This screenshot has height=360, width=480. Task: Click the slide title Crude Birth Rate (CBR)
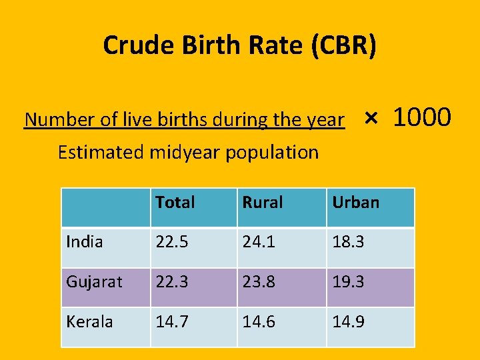click(240, 45)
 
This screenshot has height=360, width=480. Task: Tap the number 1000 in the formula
click(422, 117)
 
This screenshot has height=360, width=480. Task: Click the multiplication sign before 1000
click(371, 119)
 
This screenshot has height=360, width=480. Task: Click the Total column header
click(175, 202)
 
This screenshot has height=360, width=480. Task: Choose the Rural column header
click(263, 202)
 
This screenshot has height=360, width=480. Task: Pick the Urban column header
click(355, 202)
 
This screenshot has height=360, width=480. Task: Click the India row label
click(85, 242)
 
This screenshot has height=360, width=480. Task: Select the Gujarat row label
click(94, 282)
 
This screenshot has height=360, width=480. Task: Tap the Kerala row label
click(89, 321)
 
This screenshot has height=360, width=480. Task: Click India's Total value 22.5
click(171, 242)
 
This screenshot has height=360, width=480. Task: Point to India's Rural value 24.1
click(259, 242)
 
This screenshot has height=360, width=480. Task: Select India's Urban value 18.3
click(348, 242)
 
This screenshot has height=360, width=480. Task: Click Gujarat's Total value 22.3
click(171, 282)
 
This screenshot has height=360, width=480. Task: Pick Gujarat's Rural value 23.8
click(259, 282)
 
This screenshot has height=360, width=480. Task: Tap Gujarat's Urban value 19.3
click(348, 282)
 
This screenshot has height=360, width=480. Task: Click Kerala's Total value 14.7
click(171, 321)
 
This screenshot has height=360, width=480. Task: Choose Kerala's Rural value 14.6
click(259, 321)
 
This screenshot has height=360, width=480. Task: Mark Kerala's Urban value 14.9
click(348, 321)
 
